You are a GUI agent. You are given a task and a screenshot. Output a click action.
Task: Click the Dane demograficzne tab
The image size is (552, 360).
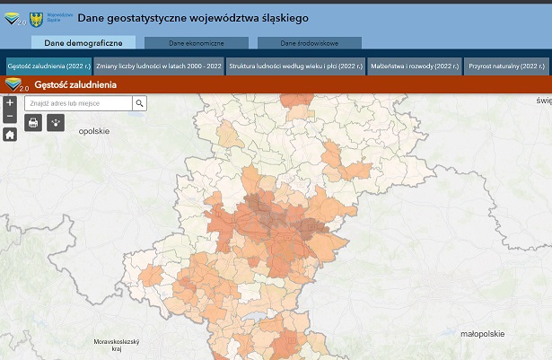click(x=83, y=42)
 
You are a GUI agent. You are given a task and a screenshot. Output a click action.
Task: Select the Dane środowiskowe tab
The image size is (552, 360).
click(x=309, y=43)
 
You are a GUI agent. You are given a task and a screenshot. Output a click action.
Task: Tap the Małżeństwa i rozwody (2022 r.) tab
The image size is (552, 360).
click(x=415, y=66)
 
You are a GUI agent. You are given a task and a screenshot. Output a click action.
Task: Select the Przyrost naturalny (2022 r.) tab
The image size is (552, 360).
click(x=506, y=66)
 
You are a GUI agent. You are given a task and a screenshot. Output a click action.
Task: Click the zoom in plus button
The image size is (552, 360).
click(x=10, y=102)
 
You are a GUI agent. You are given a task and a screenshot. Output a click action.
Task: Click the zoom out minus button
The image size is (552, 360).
click(x=10, y=116)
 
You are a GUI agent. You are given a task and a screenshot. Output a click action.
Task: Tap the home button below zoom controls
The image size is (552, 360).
click(x=10, y=135)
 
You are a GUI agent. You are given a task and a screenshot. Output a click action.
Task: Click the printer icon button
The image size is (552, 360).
click(x=33, y=122)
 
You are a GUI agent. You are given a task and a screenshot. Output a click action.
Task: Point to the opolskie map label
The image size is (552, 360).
click(x=93, y=131)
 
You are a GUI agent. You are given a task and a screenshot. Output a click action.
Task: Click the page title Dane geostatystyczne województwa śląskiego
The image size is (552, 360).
click(x=193, y=17)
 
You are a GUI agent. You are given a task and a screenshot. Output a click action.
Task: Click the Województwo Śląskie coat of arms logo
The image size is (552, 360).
click(x=37, y=17)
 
